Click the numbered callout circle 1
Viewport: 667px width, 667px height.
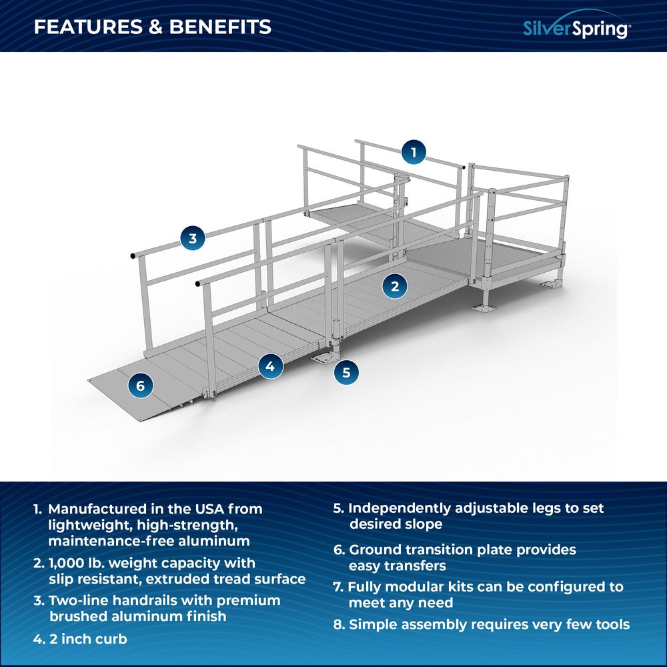tap(414, 152)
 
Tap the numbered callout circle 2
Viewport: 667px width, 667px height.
tap(395, 286)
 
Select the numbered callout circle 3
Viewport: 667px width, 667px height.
tap(193, 238)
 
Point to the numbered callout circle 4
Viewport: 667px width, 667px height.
tap(270, 366)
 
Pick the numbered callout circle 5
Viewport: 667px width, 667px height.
tap(346, 372)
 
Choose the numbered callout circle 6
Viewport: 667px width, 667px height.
tap(140, 386)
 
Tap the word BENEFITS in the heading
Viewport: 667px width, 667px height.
tap(220, 27)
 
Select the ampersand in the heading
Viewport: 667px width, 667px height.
tap(156, 27)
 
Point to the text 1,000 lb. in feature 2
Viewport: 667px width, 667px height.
tap(77, 563)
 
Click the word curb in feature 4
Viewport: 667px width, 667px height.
tap(111, 639)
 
